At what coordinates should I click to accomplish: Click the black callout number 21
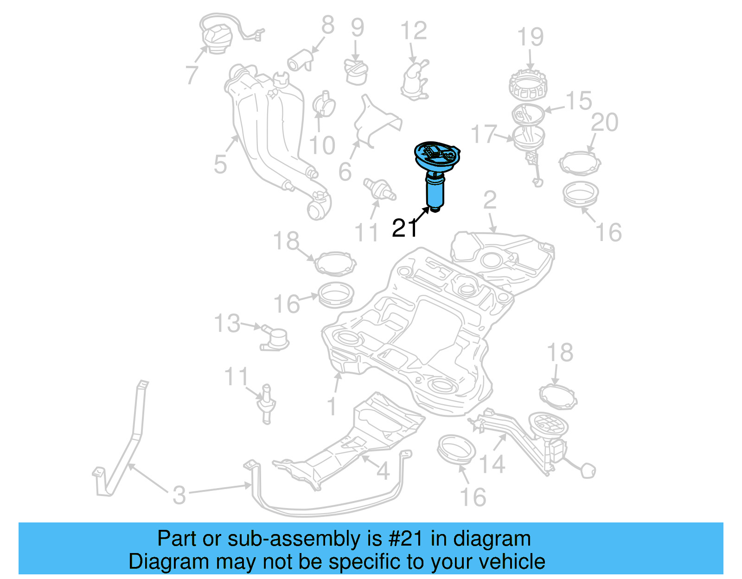click(404, 228)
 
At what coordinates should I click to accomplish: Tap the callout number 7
click(192, 75)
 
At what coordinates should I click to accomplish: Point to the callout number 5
click(220, 164)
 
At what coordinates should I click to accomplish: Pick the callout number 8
click(328, 25)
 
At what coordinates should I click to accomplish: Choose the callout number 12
click(413, 31)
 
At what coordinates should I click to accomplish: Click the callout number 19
click(531, 37)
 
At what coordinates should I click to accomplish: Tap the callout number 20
click(605, 122)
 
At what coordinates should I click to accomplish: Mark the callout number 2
click(490, 200)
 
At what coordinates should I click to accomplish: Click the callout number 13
click(227, 323)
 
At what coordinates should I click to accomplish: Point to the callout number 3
click(179, 495)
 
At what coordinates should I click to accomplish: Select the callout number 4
click(383, 471)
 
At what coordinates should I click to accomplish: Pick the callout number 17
click(484, 134)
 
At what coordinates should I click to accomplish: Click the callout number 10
click(322, 145)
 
